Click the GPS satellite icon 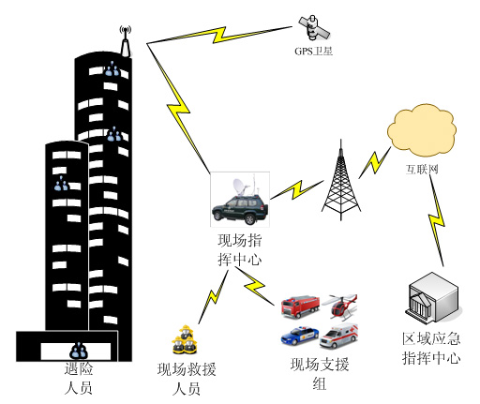click(313, 27)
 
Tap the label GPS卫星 click(313, 51)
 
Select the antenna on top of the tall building click(126, 41)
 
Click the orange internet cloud click(422, 130)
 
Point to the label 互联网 click(422, 170)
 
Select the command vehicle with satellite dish click(240, 199)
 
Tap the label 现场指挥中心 click(240, 250)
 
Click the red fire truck click(300, 307)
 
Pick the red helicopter click(340, 307)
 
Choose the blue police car click(300, 336)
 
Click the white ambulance click(338, 337)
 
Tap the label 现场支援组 click(320, 374)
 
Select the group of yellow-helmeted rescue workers click(185, 339)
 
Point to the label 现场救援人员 click(187, 379)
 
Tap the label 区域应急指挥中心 click(431, 349)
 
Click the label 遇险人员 click(79, 379)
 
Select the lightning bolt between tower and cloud click(374, 162)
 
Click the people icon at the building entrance click(79, 351)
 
